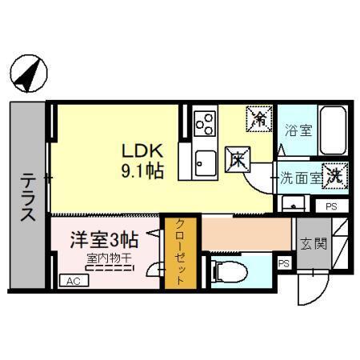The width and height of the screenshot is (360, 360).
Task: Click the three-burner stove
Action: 205,123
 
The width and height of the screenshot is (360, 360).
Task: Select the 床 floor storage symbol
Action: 238,159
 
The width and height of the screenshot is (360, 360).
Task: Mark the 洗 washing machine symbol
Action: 336,178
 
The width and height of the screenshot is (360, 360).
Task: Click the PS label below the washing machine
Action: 332,206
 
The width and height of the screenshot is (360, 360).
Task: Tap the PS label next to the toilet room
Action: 284,263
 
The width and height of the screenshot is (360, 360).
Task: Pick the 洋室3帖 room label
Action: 105,239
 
